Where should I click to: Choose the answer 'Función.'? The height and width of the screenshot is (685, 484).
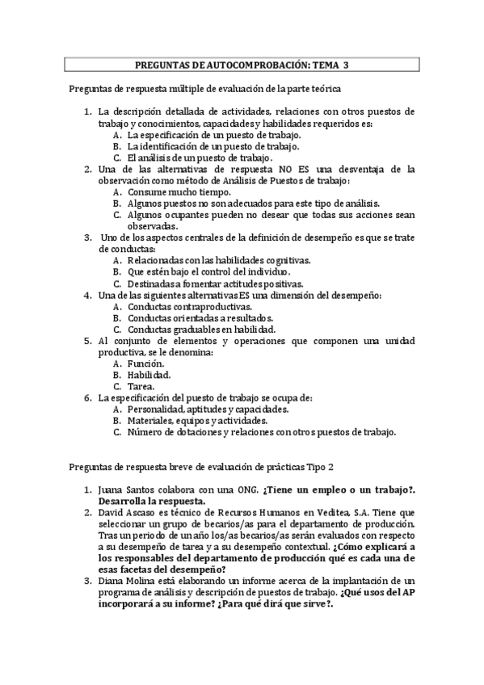pyautogui.click(x=146, y=364)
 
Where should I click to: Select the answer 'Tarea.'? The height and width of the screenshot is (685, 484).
pyautogui.click(x=143, y=386)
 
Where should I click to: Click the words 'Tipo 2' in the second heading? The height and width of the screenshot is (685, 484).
pyautogui.click(x=318, y=466)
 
